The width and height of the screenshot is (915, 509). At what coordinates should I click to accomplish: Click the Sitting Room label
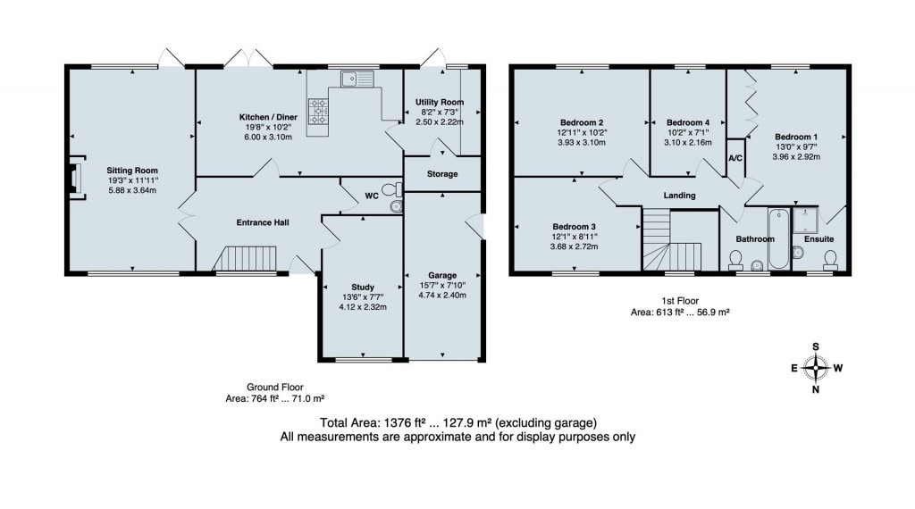[x=132, y=170]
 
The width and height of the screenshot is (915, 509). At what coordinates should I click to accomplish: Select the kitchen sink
[x=361, y=79]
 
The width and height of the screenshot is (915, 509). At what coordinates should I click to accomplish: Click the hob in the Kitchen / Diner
[x=318, y=112]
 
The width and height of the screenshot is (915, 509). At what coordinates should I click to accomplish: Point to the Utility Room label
[x=440, y=103]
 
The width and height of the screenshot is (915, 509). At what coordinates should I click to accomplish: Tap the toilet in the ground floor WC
[x=389, y=189]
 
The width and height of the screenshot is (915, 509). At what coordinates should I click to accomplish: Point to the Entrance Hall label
[x=262, y=222]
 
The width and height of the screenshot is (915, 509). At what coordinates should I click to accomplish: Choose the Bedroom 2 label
[x=582, y=122]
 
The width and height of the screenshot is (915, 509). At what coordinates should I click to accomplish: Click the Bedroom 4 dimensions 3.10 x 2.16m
[x=689, y=142]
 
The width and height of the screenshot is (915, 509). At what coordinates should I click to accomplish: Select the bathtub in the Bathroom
[x=777, y=237]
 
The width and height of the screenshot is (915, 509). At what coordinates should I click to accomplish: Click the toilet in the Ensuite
[x=830, y=258]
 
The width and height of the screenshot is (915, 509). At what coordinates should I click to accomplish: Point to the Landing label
[x=679, y=196]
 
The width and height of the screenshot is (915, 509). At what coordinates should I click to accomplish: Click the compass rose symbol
[x=815, y=367]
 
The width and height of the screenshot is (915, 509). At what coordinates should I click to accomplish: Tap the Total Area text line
[x=457, y=422]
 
